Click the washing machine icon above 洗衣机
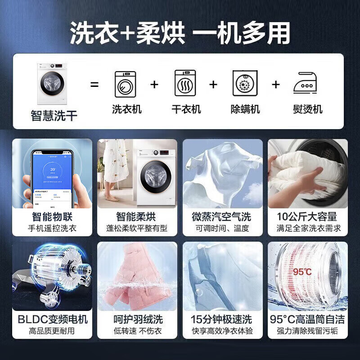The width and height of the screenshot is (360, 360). tap(126, 84)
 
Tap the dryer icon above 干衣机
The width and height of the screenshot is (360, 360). tap(185, 84)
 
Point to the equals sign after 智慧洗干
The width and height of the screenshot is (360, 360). tap(94, 84)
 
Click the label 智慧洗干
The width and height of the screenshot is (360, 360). tap(54, 116)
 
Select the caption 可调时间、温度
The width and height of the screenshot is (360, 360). tap(222, 229)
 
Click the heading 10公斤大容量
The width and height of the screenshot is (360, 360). tap(308, 216)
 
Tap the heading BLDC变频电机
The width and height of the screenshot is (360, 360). tap(53, 319)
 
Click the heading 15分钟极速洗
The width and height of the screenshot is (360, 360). tap(222, 319)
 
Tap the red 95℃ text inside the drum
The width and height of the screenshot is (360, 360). tap(302, 272)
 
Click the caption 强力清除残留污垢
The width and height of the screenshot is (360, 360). tap(308, 331)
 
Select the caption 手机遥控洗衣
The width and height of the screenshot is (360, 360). tap(52, 229)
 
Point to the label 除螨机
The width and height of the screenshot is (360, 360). tap(245, 109)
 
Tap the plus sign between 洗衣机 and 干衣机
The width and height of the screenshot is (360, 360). tap(154, 84)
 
